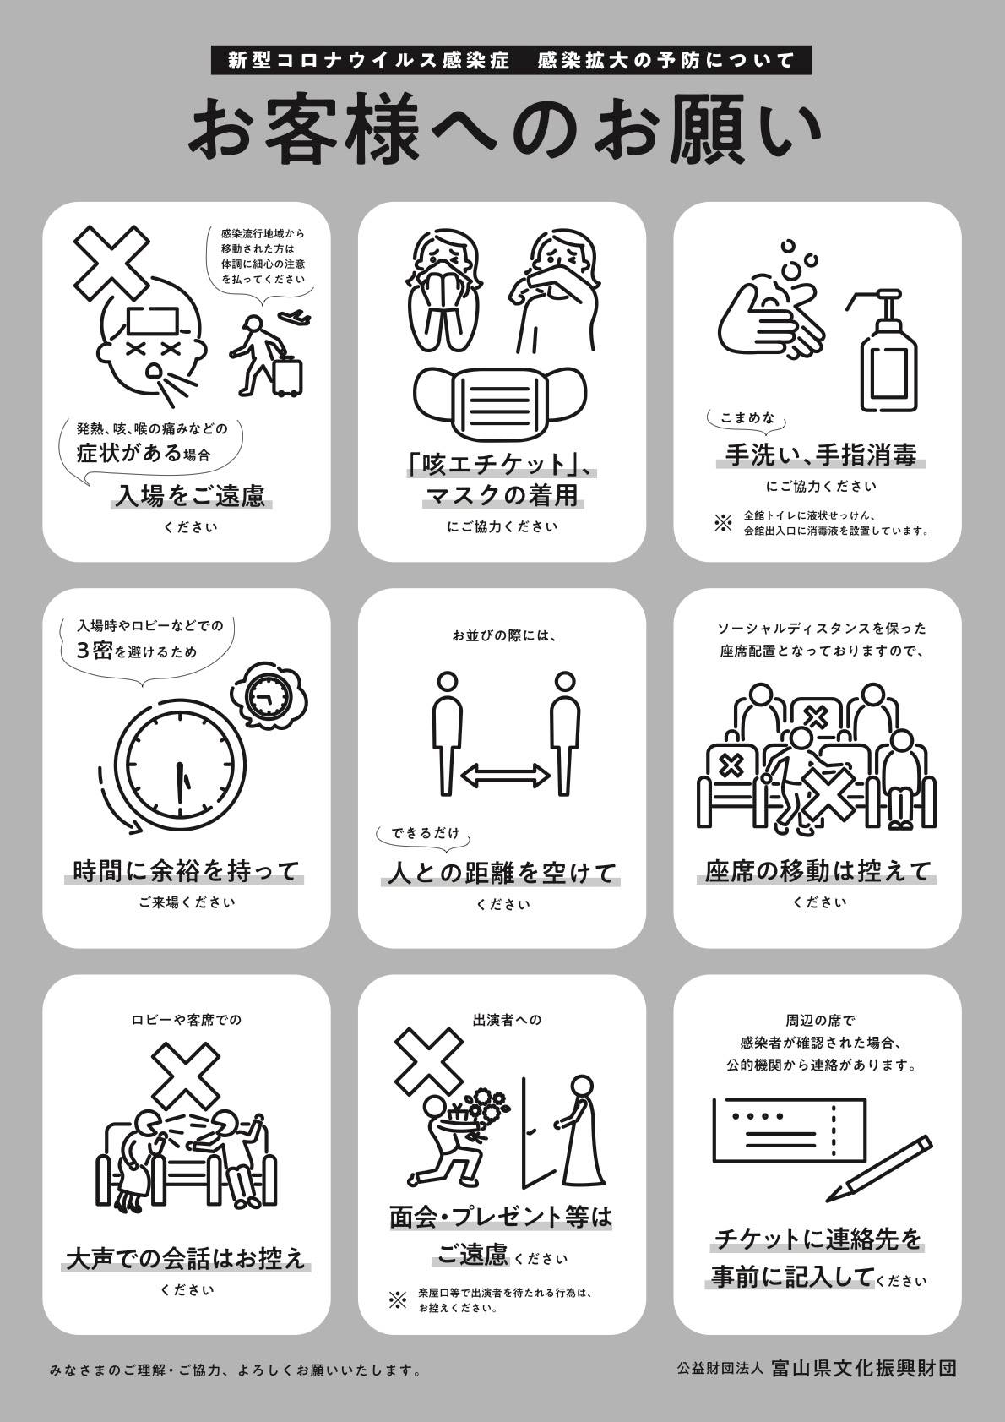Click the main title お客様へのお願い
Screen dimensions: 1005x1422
pos(504,131)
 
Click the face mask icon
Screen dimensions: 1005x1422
pos(501,403)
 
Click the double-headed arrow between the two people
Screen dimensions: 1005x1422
pos(504,776)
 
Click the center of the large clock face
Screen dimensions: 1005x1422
pos(182,771)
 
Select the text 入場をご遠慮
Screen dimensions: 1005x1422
pos(190,496)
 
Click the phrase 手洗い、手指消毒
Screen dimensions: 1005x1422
pos(821,455)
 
